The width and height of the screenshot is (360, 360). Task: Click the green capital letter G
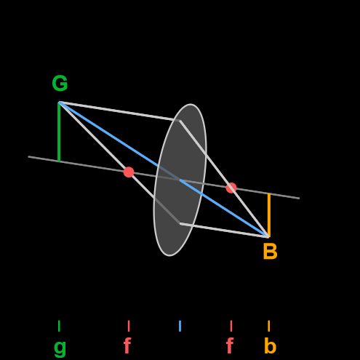click(x=60, y=83)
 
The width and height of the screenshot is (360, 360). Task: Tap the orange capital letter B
click(x=270, y=252)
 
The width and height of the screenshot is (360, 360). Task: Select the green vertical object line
click(x=59, y=132)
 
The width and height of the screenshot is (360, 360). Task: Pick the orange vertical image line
click(x=269, y=215)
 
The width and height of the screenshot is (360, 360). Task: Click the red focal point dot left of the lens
click(x=129, y=172)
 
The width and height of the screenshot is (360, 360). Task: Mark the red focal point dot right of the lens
click(x=231, y=188)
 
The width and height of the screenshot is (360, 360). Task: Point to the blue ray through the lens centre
click(x=164, y=169)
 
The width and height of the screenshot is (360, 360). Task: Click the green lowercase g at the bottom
click(x=60, y=348)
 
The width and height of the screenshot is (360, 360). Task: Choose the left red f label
click(x=127, y=345)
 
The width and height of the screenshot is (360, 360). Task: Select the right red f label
click(x=230, y=345)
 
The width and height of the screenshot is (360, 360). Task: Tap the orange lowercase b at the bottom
click(x=270, y=345)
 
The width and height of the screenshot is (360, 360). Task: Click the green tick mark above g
click(x=59, y=326)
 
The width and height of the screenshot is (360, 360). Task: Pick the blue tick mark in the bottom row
click(x=180, y=326)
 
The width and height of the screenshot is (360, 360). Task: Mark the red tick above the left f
click(x=129, y=326)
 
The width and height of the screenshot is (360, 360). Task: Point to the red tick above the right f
click(x=231, y=326)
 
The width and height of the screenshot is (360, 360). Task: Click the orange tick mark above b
click(x=269, y=326)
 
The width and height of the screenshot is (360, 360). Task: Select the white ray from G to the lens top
click(x=119, y=111)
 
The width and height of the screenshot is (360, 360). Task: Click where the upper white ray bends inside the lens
click(x=180, y=121)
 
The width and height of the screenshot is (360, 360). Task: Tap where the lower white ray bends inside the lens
click(x=180, y=223)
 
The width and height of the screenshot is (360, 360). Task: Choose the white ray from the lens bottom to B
click(x=224, y=231)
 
